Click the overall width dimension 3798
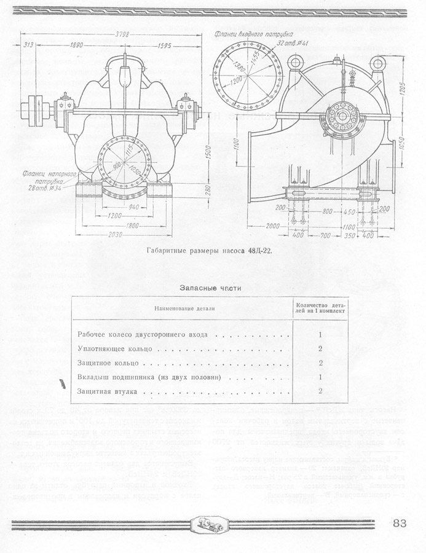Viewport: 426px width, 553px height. pos(122,35)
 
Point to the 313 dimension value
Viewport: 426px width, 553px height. pos(29,45)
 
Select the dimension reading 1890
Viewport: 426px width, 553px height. pos(77,45)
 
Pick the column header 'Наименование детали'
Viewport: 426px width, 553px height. pos(181,308)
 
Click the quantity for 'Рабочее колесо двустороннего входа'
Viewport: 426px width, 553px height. pos(321,335)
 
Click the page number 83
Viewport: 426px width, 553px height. pos(400,524)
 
